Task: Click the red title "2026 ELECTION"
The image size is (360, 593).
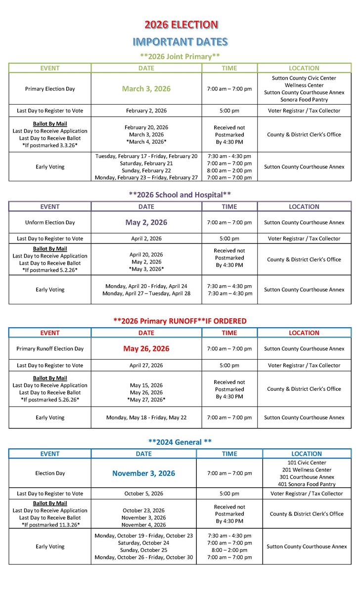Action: pyautogui.click(x=180, y=25)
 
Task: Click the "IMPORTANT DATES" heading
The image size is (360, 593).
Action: pyautogui.click(x=180, y=42)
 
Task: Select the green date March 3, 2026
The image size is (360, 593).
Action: pyautogui.click(x=146, y=89)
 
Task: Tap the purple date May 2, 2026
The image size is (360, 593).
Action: pyautogui.click(x=146, y=222)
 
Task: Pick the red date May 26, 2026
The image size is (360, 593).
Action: pyautogui.click(x=146, y=348)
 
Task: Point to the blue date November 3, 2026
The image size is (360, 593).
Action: pyautogui.click(x=143, y=473)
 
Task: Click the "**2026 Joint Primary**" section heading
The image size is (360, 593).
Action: pyautogui.click(x=180, y=56)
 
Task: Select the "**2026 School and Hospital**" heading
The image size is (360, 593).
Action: pyautogui.click(x=180, y=195)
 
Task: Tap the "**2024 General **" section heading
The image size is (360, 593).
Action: pyautogui.click(x=180, y=441)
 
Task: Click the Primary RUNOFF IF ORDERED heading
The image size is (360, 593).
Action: pyautogui.click(x=180, y=321)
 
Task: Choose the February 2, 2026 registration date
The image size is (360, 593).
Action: pyautogui.click(x=146, y=111)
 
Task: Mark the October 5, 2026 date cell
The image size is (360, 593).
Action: pyautogui.click(x=143, y=493)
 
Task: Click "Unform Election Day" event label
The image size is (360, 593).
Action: pyautogui.click(x=50, y=222)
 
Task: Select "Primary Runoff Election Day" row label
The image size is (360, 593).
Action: pyautogui.click(x=50, y=348)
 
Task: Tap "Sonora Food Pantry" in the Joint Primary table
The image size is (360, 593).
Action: pyautogui.click(x=304, y=100)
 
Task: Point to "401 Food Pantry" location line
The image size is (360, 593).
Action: pyautogui.click(x=307, y=484)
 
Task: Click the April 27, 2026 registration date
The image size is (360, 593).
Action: pyautogui.click(x=146, y=366)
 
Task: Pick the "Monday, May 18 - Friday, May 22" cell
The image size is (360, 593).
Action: pyautogui.click(x=146, y=418)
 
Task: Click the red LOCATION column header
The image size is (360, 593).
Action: pyautogui.click(x=304, y=333)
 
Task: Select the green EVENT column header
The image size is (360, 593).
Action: pyautogui.click(x=50, y=68)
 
